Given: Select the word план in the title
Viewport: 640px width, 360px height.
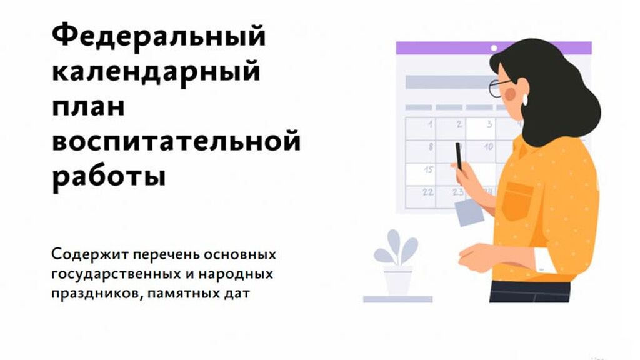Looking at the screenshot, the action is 88,107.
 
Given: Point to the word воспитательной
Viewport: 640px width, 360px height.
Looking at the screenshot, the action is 176,141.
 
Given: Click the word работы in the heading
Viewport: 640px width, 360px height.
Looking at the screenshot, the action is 109,176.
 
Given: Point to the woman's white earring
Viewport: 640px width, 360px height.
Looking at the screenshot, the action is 525,100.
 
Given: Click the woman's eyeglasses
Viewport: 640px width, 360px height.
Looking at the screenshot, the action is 499,87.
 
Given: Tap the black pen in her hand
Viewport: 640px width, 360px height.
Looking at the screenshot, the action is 459,156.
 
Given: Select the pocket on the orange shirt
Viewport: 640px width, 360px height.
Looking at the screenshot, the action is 517,201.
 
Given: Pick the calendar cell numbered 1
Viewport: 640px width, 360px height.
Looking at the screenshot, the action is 421,129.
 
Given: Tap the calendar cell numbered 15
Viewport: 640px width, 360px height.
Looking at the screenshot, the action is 421,174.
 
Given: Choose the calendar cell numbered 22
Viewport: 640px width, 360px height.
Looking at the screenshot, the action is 421,197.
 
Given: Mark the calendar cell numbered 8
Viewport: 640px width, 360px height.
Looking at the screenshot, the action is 421,151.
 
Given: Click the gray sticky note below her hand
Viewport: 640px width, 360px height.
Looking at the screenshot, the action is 469,212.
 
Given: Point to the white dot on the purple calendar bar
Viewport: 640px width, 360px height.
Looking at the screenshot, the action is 494,48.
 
